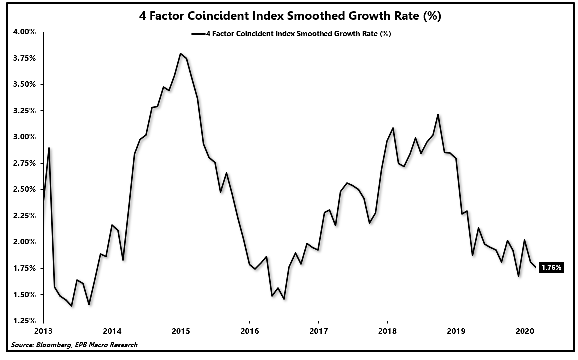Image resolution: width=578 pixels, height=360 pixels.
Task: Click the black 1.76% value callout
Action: click(551, 268)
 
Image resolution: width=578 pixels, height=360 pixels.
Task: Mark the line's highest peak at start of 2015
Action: click(180, 53)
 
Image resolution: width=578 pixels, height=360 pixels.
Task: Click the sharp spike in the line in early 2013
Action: click(49, 148)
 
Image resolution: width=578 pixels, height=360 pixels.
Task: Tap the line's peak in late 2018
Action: click(438, 115)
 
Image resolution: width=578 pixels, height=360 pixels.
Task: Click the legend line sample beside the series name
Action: click(197, 34)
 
